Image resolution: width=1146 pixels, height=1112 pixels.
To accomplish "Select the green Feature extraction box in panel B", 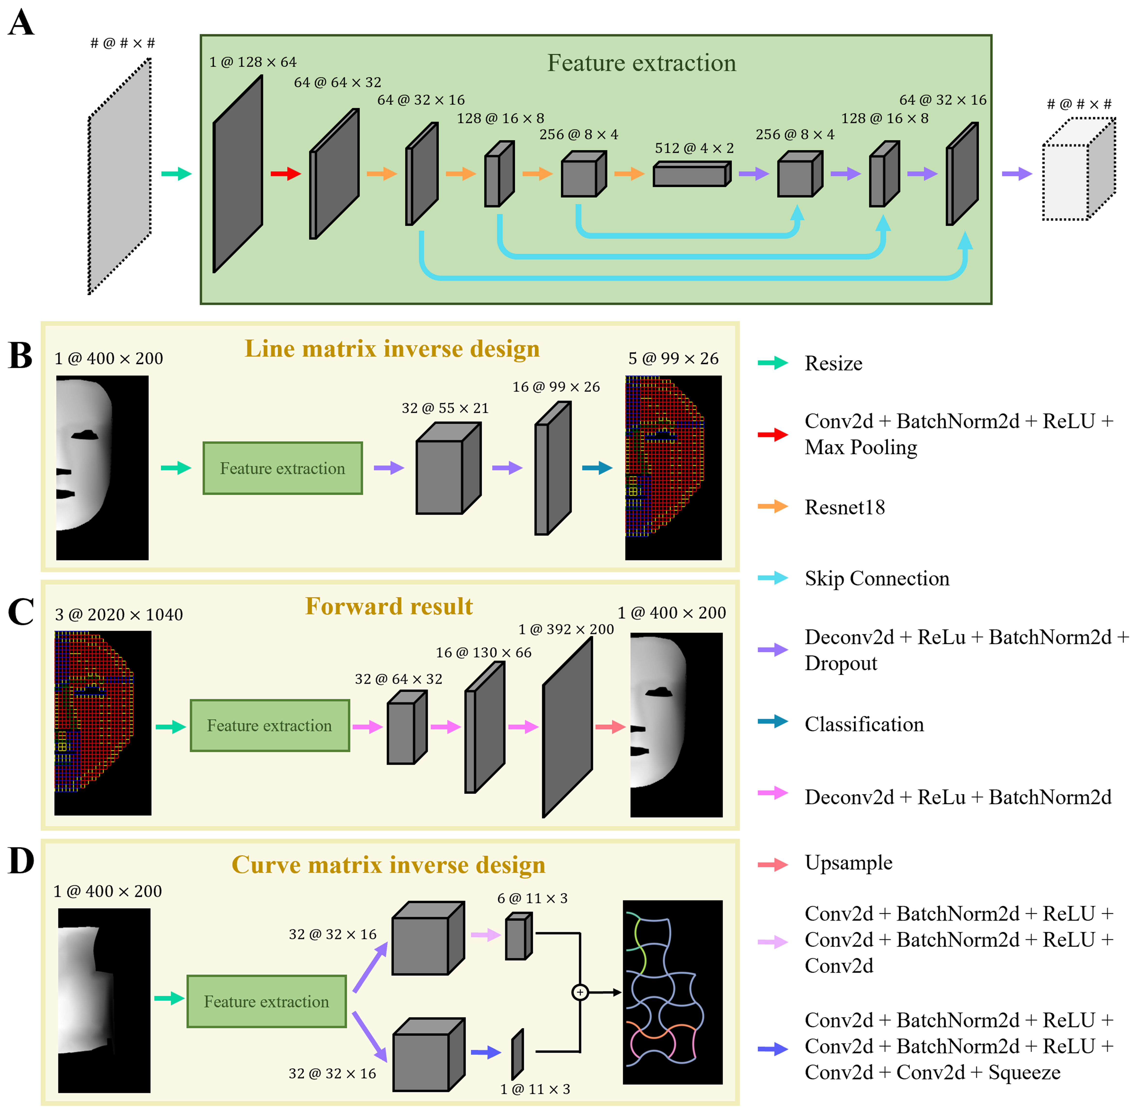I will (282, 468).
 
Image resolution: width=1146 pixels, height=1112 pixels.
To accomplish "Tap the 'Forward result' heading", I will (389, 606).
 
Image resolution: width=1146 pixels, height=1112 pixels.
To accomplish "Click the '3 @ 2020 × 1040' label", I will (119, 614).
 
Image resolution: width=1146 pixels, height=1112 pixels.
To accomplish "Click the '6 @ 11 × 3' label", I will (532, 898).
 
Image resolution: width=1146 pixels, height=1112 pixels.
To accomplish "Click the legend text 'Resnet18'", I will (844, 507).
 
